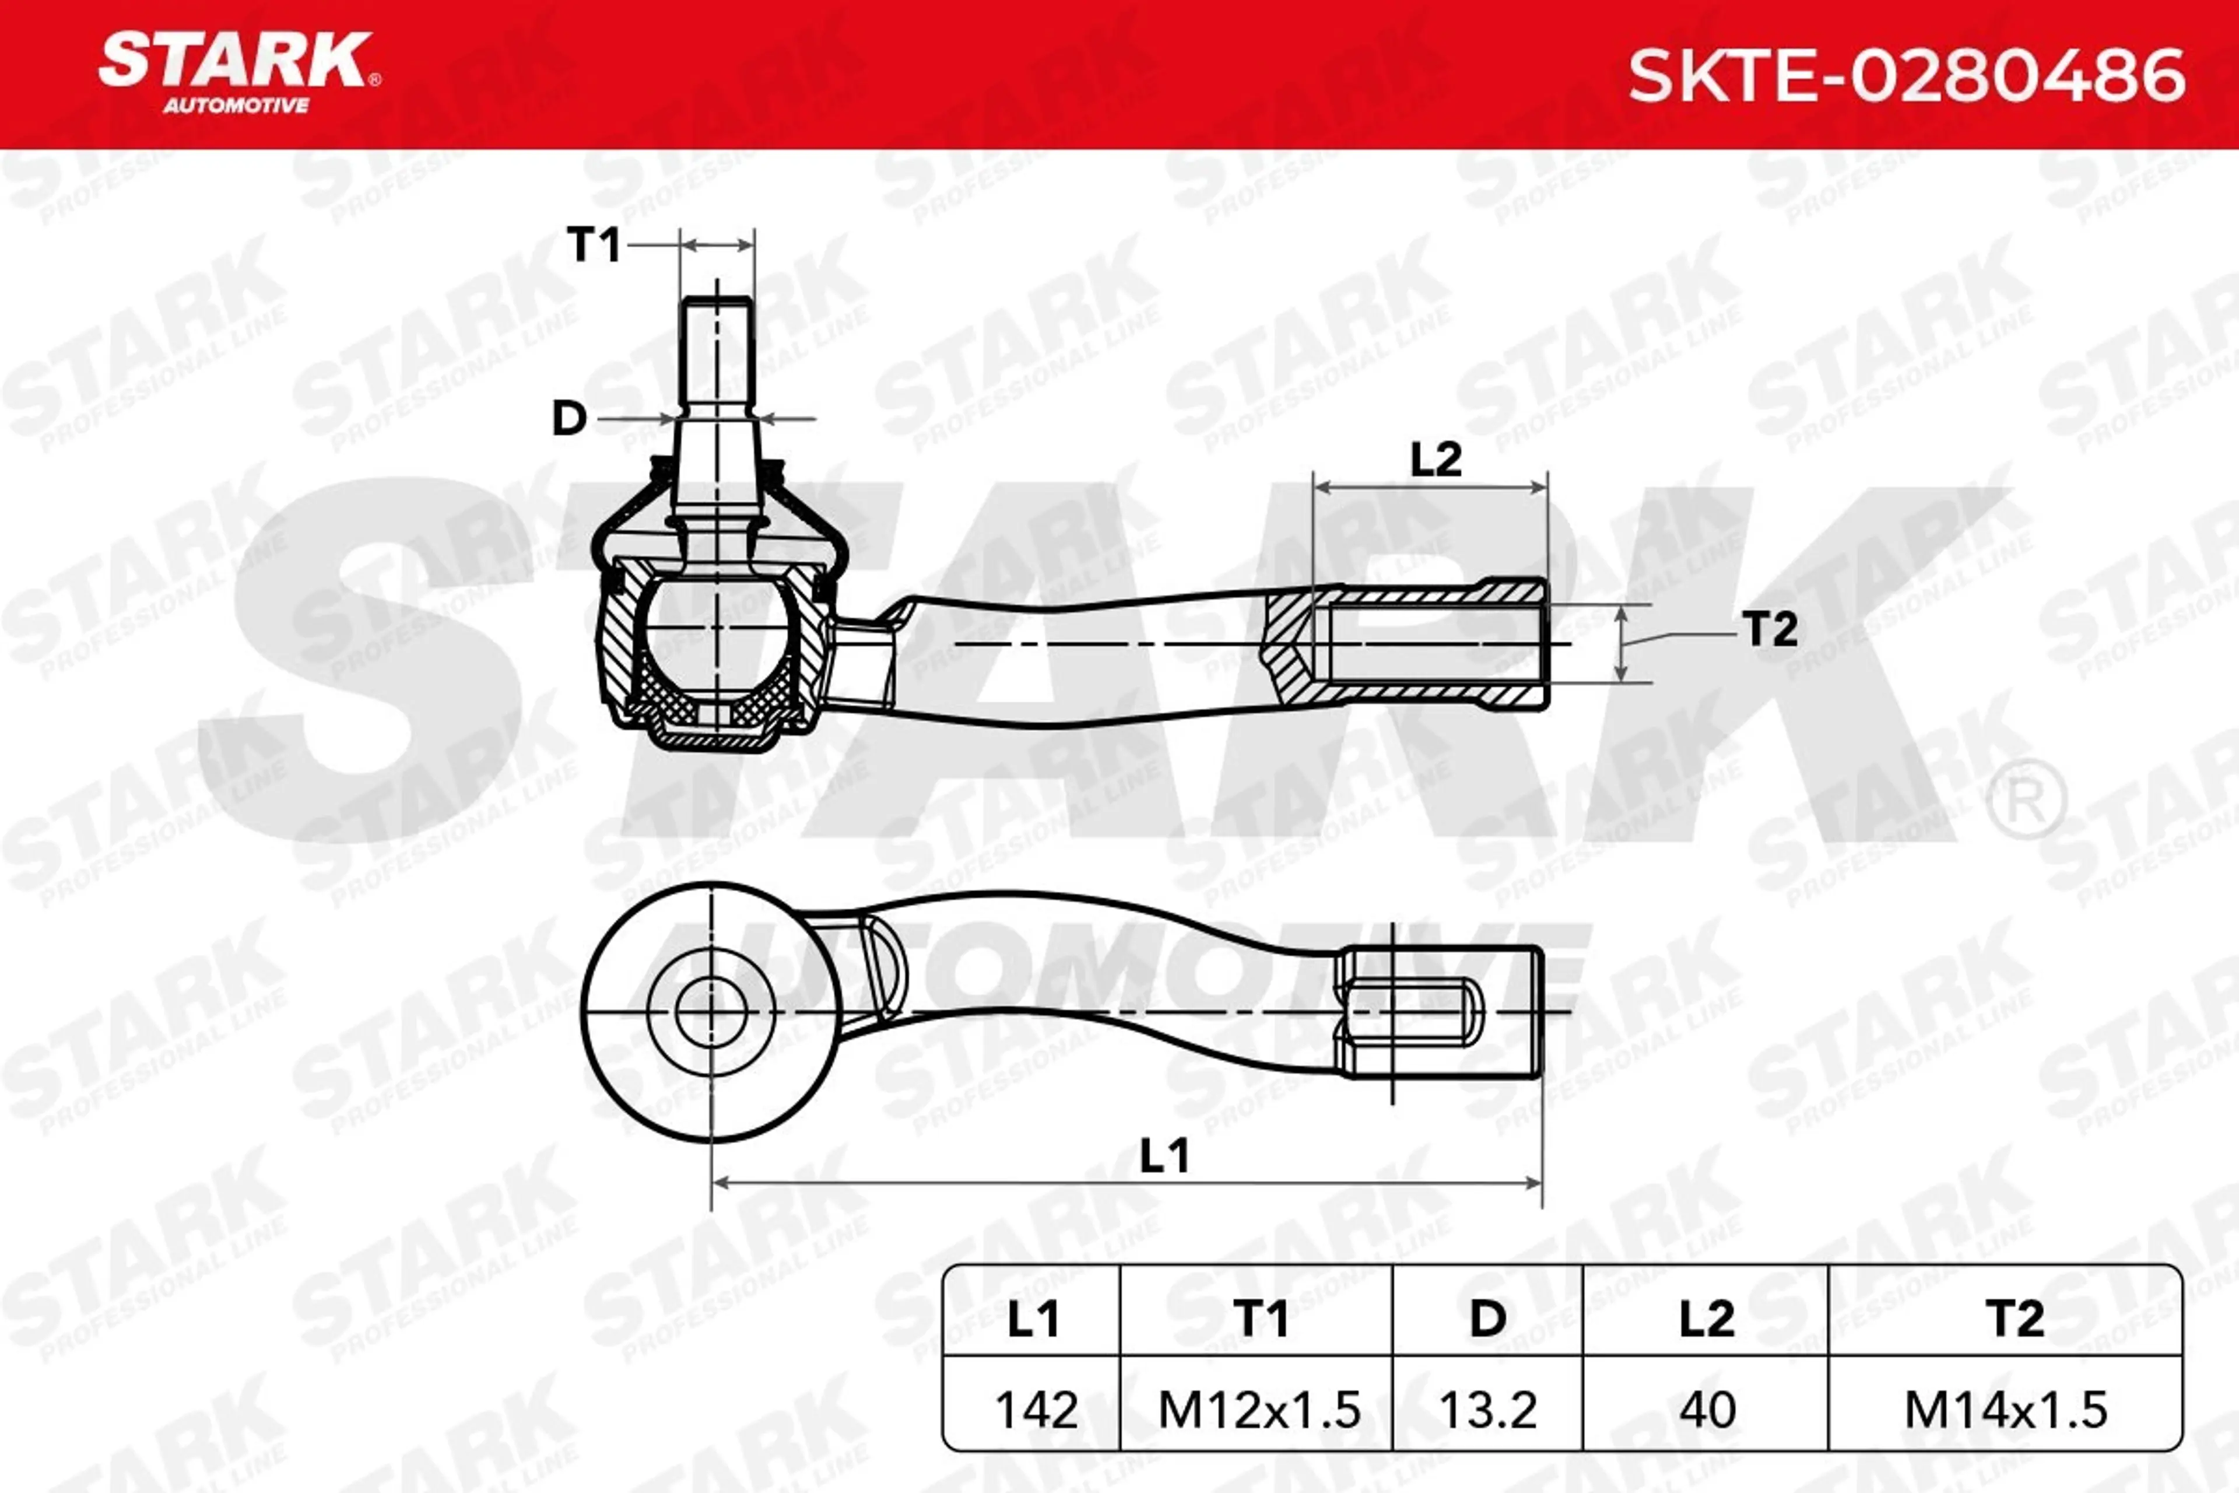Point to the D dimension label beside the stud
point(569,418)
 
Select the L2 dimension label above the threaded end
point(1436,460)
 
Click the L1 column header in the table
point(1033,1319)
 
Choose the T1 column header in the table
point(1261,1319)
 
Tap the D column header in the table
point(1488,1319)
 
